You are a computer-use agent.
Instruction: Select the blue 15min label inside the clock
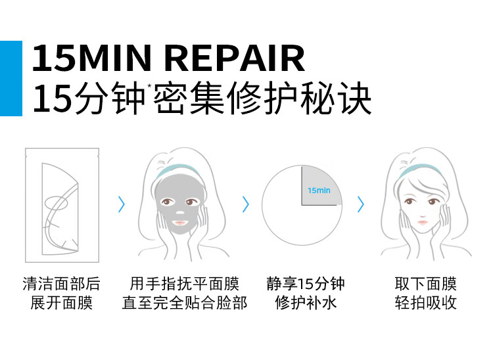[x=319, y=191]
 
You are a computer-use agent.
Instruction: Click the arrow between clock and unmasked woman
[x=360, y=204]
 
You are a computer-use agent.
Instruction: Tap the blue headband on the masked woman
[x=179, y=170]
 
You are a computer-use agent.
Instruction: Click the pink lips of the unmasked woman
[x=423, y=223]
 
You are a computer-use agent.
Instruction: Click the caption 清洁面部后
[x=62, y=284]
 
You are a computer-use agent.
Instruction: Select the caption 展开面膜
[x=62, y=303]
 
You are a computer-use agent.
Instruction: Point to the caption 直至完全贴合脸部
[x=185, y=303]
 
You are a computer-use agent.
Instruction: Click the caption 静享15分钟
[x=306, y=284]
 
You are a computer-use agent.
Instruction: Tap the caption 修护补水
[x=306, y=303]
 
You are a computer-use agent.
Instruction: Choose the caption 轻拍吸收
[x=425, y=303]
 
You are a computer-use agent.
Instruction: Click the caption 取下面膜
[x=425, y=284]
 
